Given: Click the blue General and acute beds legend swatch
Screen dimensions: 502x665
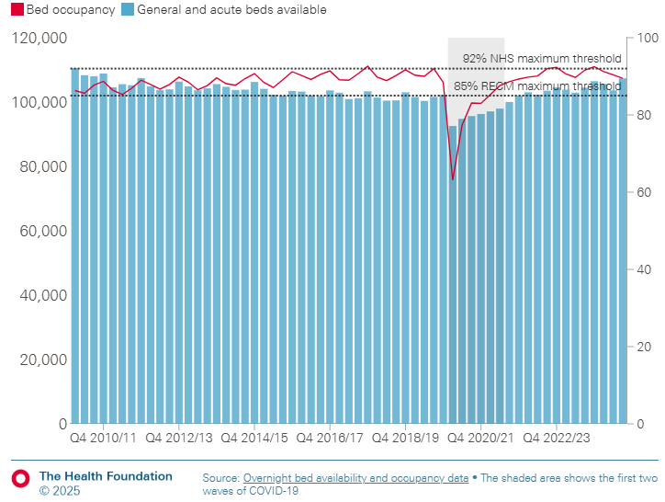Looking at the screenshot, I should pos(129,10).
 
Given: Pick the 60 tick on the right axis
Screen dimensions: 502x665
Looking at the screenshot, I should pos(644,192).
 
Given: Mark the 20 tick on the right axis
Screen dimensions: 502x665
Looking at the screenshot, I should pos(644,347).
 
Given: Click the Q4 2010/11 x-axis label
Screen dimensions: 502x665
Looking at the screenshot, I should pos(103,438).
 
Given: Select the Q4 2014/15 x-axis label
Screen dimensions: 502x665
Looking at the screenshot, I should pos(254,438).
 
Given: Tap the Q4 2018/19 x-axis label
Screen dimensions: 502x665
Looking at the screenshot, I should pos(405,438).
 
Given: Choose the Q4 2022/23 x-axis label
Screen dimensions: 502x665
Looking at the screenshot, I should pos(557,438).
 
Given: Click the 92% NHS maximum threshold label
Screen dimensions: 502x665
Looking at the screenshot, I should pos(542,59).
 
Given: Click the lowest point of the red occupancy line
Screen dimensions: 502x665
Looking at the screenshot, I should pos(453,179).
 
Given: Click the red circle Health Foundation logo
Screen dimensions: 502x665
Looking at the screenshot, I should pos(20,479).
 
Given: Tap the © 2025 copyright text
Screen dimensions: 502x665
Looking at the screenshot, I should pos(60,491).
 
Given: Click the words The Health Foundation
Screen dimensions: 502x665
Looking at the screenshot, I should pos(106,476).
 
